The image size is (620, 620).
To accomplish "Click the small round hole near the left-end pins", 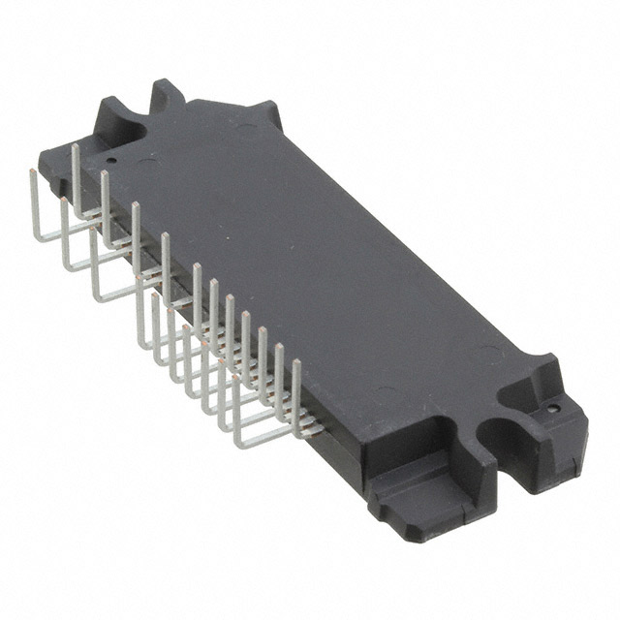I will coord(111,161).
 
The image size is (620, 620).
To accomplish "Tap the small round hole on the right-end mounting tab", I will coord(552,410).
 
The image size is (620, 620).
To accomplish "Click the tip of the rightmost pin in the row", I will coord(295,362).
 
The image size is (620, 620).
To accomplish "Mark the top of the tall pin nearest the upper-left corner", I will coord(76,146).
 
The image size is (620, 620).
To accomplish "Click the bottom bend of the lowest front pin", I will coord(238,445).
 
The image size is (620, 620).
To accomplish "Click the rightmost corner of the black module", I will coord(585,426).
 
